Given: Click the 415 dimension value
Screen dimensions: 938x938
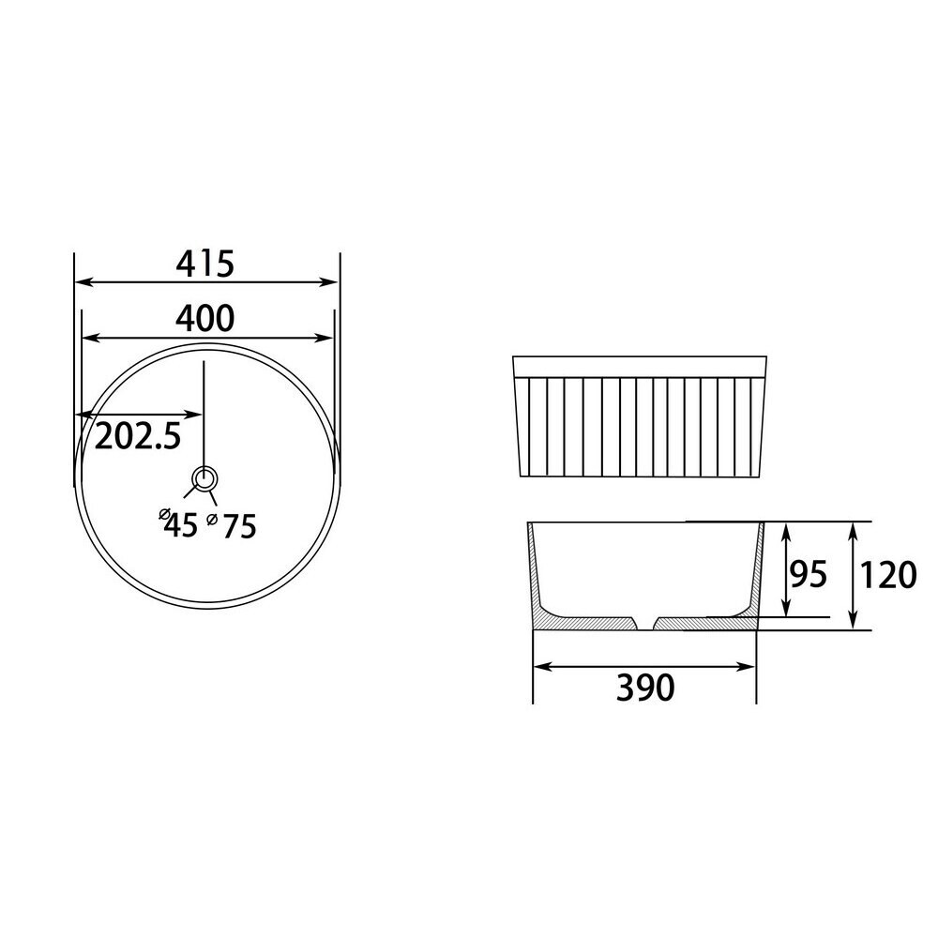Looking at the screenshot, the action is (204, 264).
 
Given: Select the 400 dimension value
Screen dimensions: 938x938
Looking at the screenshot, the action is (204, 319).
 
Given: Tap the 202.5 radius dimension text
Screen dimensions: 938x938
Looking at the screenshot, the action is (138, 435).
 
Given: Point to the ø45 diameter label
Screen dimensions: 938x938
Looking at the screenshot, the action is (177, 524).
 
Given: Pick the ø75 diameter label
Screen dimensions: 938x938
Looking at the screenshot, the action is (231, 526).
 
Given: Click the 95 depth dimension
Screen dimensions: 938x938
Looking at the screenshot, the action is (809, 574).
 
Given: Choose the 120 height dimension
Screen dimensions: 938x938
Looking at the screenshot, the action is (887, 576).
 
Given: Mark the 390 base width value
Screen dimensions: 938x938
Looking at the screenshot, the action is (645, 688).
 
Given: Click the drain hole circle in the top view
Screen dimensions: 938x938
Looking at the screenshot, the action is (204, 478).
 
